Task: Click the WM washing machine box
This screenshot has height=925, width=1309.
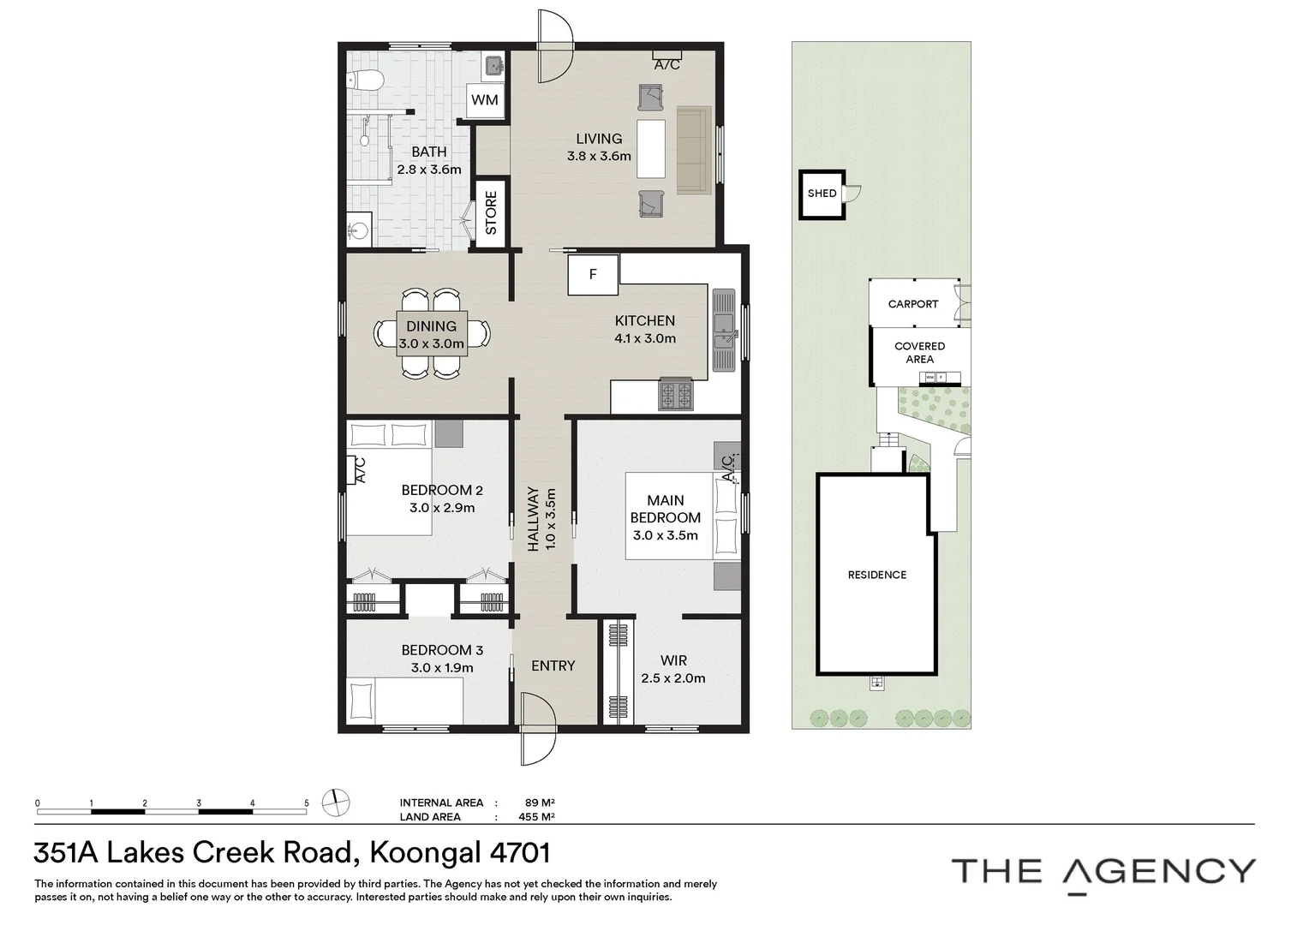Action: (x=485, y=100)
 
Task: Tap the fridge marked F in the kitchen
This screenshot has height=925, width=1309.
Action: (x=593, y=275)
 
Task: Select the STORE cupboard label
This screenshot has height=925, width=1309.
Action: (x=491, y=213)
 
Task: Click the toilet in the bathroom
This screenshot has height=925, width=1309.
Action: (x=365, y=81)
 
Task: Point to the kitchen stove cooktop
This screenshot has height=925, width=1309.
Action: (x=675, y=395)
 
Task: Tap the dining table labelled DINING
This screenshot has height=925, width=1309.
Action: (x=432, y=333)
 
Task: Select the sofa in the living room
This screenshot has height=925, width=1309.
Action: (x=694, y=150)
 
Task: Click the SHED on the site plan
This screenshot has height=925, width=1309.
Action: (x=822, y=194)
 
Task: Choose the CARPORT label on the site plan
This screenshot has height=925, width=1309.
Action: (x=912, y=304)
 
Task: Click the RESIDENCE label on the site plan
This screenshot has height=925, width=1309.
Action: (x=876, y=575)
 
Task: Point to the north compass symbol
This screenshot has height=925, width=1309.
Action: (x=336, y=803)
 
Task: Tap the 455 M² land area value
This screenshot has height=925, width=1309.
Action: (x=536, y=817)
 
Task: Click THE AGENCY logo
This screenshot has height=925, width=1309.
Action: (x=1103, y=871)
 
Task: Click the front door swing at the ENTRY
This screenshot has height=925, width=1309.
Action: (x=536, y=728)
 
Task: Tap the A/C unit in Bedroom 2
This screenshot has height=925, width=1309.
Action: (x=357, y=470)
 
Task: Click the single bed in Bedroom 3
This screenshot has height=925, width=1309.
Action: (x=404, y=700)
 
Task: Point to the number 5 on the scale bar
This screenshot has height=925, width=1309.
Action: (x=306, y=803)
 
